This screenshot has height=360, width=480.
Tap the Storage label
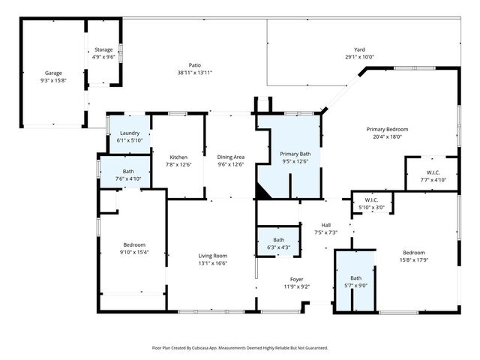(103, 49)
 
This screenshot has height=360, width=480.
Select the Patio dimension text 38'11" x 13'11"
(195, 73)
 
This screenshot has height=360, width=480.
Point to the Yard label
(359, 49)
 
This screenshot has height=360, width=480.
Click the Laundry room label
(129, 133)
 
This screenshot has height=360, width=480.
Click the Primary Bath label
(295, 154)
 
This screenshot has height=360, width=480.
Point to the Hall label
(325, 225)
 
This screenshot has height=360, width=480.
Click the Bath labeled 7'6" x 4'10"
(128, 171)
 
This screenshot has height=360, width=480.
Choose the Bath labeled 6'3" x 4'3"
(278, 239)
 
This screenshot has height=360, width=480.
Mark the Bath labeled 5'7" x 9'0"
(355, 277)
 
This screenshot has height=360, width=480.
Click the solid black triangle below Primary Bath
(262, 193)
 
